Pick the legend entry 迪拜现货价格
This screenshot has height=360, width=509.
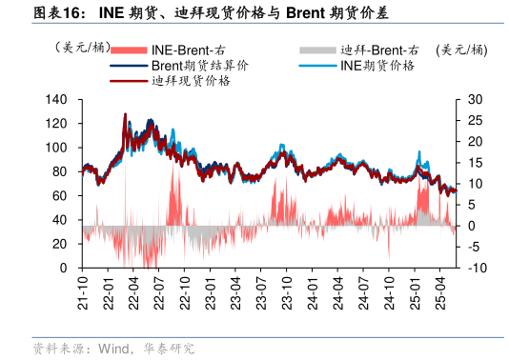(191, 81)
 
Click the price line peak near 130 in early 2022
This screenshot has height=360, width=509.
(125, 114)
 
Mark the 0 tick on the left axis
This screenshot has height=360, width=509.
(62, 268)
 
